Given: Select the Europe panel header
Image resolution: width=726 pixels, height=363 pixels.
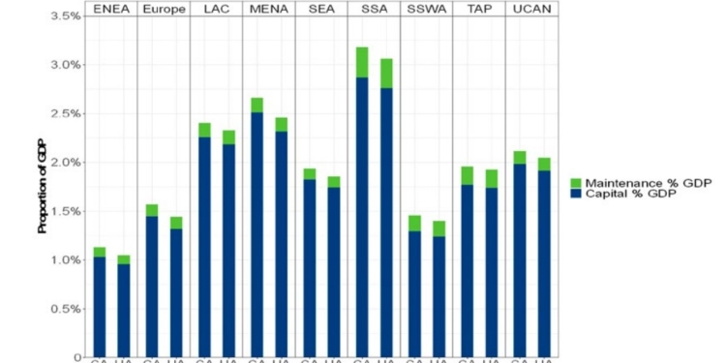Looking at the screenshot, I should [x=164, y=9].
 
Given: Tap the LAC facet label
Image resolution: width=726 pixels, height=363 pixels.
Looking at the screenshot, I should [x=216, y=9].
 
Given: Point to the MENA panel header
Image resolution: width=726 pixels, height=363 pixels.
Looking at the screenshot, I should [x=268, y=9].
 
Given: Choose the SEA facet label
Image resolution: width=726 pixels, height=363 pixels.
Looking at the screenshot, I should [x=320, y=9].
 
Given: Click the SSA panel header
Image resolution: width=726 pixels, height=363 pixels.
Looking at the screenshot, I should [x=373, y=9].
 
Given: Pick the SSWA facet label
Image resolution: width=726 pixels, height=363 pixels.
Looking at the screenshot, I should [x=426, y=9].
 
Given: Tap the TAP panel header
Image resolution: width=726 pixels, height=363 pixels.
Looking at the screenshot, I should [x=478, y=9].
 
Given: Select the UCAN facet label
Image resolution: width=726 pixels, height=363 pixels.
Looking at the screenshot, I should [x=530, y=9].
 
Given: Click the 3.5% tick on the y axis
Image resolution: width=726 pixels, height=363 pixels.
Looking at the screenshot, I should [x=64, y=16].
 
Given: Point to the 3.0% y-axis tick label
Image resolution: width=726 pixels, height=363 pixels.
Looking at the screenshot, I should [x=64, y=65].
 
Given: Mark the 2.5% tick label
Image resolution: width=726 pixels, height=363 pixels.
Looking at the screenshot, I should [x=64, y=114].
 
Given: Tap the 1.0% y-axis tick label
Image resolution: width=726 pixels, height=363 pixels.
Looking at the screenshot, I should [x=64, y=259].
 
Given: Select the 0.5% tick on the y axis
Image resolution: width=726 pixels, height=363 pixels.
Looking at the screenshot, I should [x=64, y=309].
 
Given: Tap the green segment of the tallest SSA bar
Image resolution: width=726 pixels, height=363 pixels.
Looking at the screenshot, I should [x=361, y=62].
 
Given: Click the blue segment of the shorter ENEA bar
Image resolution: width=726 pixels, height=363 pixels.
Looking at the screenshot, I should [x=124, y=310].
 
